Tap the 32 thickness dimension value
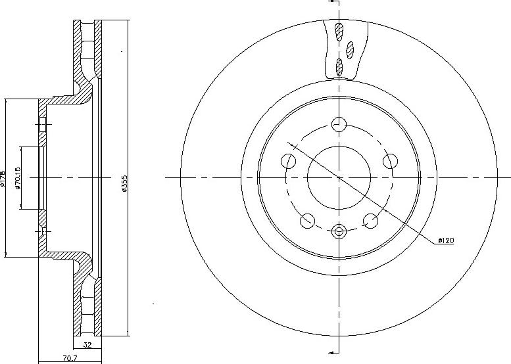pyautogui.click(x=87, y=344)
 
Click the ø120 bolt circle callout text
pyautogui.click(x=446, y=241)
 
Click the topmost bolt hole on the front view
pyautogui.click(x=339, y=124)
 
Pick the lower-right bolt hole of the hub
pyautogui.click(x=371, y=221)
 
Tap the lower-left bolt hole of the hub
pyautogui.click(x=307, y=221)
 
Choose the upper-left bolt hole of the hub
pyautogui.click(x=287, y=161)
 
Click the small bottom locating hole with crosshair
pyautogui.click(x=339, y=231)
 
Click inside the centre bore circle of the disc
pyautogui.click(x=339, y=177)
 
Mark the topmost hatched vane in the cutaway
pyautogui.click(x=339, y=30)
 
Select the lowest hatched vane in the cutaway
pyautogui.click(x=339, y=64)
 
